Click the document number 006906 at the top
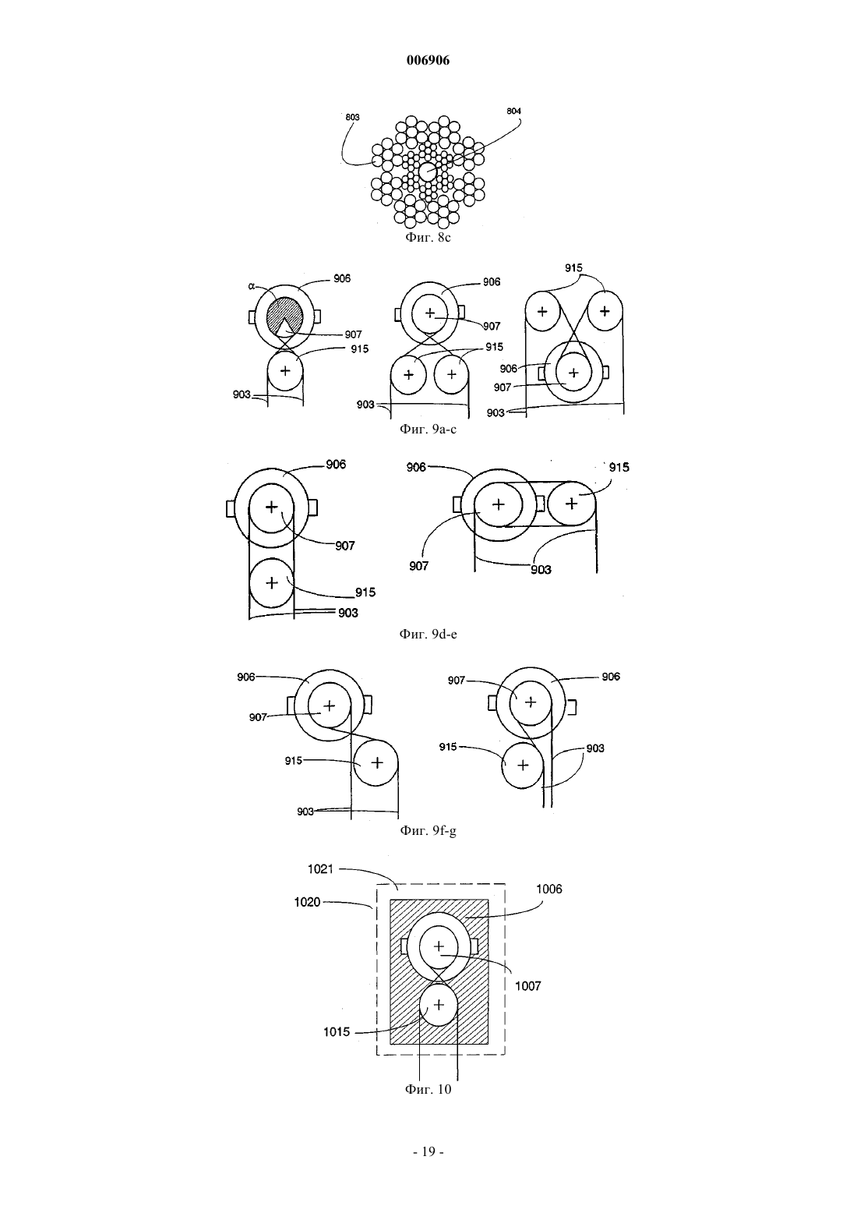coord(428,60)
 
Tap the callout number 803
coord(352,117)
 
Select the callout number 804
coord(514,111)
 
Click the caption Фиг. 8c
coord(428,237)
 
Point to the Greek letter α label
coord(252,286)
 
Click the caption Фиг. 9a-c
coord(428,430)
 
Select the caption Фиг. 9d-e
coord(428,634)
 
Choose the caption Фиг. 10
coord(428,1089)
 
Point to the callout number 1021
coord(320,869)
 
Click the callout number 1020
coord(307,902)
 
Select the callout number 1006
coord(549,889)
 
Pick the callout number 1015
coord(337,1032)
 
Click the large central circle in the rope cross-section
coord(428,172)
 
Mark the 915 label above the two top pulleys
coord(573,268)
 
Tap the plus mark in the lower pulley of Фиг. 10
coord(439,1005)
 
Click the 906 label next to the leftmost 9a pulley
coord(342,278)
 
